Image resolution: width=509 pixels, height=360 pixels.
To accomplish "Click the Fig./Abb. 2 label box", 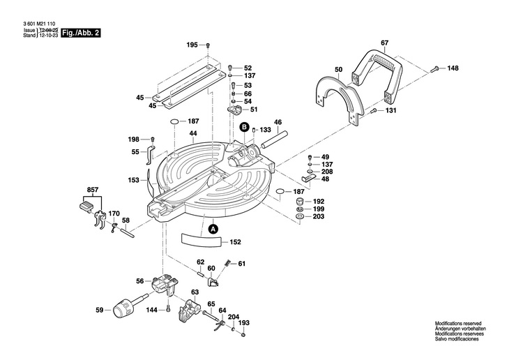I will tap(80, 33).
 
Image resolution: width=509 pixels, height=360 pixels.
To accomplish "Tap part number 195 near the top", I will tap(192, 45).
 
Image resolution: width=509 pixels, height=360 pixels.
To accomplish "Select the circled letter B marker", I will tap(244, 127).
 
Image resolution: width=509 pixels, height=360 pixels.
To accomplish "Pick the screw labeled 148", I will tap(434, 68).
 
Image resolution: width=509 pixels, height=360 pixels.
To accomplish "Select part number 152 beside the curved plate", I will tap(235, 242).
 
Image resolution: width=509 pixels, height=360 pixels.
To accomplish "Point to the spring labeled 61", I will tap(228, 264).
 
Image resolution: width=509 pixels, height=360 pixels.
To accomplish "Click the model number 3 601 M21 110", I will tap(34, 24).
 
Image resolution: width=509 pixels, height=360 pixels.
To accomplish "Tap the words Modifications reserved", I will tap(458, 324).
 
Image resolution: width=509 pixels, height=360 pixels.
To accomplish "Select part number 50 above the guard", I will tap(338, 69).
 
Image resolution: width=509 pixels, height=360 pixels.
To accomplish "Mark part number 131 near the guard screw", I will tap(390, 110).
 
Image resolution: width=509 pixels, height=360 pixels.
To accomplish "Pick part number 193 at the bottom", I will tap(243, 323).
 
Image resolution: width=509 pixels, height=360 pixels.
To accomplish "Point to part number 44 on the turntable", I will tap(192, 133).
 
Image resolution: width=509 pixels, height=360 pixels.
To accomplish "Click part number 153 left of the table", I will tap(134, 180).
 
